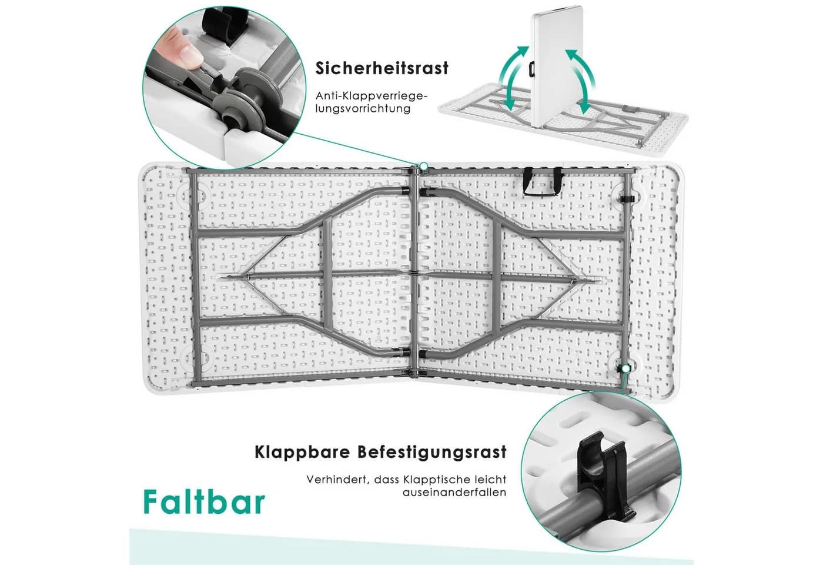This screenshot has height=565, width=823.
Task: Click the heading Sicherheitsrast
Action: (382, 68)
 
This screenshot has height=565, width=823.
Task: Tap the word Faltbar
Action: (205, 501)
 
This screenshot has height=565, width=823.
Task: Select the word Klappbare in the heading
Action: (302, 452)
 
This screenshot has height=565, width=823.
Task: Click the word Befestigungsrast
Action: (433, 452)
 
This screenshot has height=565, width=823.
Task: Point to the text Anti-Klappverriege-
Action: (372, 96)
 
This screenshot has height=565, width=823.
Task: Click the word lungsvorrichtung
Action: (363, 108)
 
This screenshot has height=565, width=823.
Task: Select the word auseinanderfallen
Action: (454, 492)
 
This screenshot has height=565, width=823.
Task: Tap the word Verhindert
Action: (337, 480)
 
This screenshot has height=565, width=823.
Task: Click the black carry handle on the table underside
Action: (543, 182)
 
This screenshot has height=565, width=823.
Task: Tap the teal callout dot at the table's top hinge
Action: (424, 167)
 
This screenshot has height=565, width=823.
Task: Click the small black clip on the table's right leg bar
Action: (628, 200)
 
